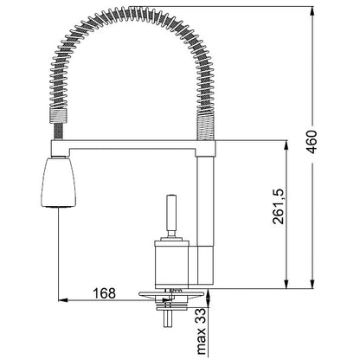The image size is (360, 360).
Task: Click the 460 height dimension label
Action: click(312, 142)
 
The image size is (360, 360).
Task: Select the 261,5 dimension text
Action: click(279, 206)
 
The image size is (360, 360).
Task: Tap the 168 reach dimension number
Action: click(104, 293)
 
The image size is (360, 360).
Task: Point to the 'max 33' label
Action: click(202, 331)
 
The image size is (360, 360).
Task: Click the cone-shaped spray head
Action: click(59, 183)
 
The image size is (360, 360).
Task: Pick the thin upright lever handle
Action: click(171, 215)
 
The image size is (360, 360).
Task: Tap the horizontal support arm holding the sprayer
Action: click(133, 147)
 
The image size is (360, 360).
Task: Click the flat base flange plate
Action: click(171, 294)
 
